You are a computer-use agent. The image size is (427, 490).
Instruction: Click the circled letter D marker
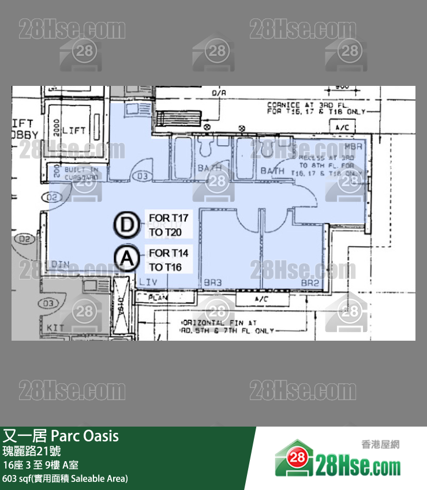[x=125, y=225]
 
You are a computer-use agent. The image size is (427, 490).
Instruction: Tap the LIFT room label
[x=74, y=131]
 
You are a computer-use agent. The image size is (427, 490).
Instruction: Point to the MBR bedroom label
[x=353, y=147]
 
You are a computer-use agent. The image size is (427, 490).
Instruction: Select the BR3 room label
[x=213, y=282]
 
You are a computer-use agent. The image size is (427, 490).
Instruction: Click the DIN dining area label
[x=61, y=264]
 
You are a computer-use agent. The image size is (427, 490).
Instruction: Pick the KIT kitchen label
[x=55, y=327]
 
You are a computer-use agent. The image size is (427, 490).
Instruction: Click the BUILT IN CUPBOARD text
[x=81, y=174]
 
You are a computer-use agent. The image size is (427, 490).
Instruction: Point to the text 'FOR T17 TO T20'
[x=168, y=225]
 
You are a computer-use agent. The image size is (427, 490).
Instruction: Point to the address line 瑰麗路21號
[x=32, y=451]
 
